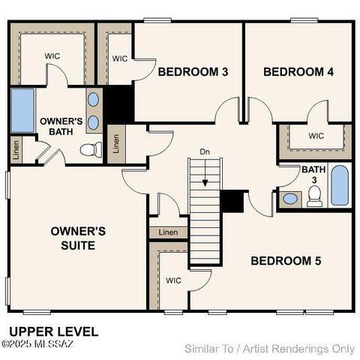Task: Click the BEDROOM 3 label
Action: pos(193,72)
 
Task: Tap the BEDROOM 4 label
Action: pos(298,72)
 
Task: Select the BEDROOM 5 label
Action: pos(286,261)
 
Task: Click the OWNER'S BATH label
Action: pos(61,126)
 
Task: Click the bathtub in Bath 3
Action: pos(340,186)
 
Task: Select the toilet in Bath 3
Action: pos(315,196)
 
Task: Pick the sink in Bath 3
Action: pos(290,199)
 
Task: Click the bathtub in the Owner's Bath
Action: pos(22,111)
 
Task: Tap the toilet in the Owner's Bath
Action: pos(91,149)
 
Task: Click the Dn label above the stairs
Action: pos(204,152)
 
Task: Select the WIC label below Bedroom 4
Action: pos(316,136)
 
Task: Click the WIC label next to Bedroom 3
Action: pos(120,58)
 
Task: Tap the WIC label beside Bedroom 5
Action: pos(173,280)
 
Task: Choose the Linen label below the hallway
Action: pos(169,232)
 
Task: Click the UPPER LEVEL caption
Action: pos(53,331)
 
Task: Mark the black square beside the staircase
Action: pos(232,200)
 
